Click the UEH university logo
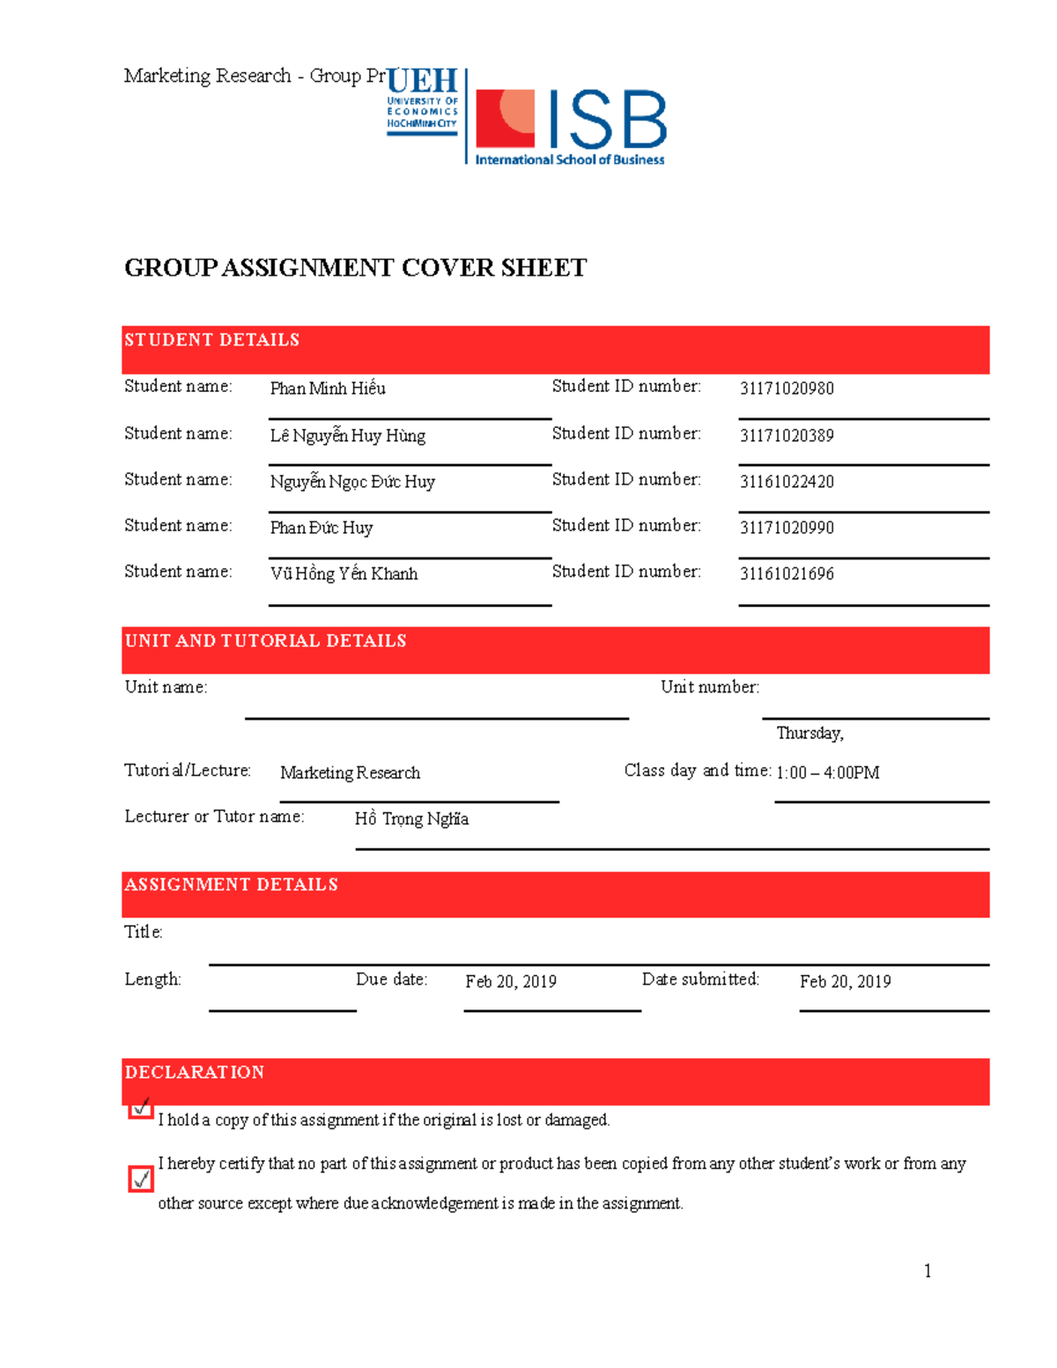pos(423,100)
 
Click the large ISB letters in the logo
pos(608,121)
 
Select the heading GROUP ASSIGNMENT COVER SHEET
pos(355,268)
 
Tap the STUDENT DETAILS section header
pos(211,340)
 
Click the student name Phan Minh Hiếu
pos(328,388)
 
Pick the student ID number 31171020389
pos(787,435)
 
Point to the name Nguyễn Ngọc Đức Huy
pos(352,482)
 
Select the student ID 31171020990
pos(787,528)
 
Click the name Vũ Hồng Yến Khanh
pos(344,573)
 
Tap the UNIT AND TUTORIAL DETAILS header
pos(265,641)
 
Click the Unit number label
pos(709,687)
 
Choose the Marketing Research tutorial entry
pos(350,773)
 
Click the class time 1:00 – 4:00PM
pos(827,773)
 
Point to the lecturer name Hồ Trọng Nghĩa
pos(411,819)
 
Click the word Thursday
pos(809,733)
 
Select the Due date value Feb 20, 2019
pos(511,981)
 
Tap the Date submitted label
pos(700,980)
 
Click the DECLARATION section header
pos(194,1072)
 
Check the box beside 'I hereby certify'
pos(141,1179)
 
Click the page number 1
pos(928,1270)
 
